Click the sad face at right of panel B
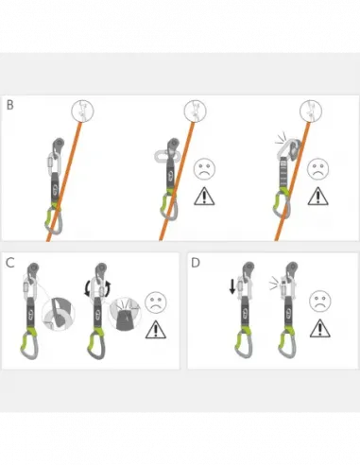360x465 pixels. pyautogui.click(x=318, y=170)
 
